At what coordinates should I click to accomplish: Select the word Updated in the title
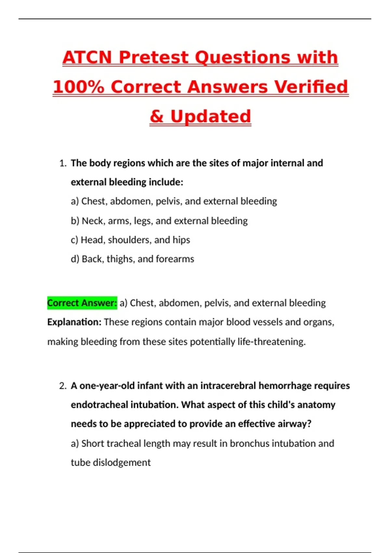click(x=211, y=117)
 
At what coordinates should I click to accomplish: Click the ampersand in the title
click(x=156, y=117)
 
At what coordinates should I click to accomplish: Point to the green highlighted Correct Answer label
click(x=82, y=303)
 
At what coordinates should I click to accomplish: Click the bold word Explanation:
click(x=74, y=322)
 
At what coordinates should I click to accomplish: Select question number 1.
click(x=63, y=163)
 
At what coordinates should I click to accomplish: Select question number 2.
click(x=63, y=386)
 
